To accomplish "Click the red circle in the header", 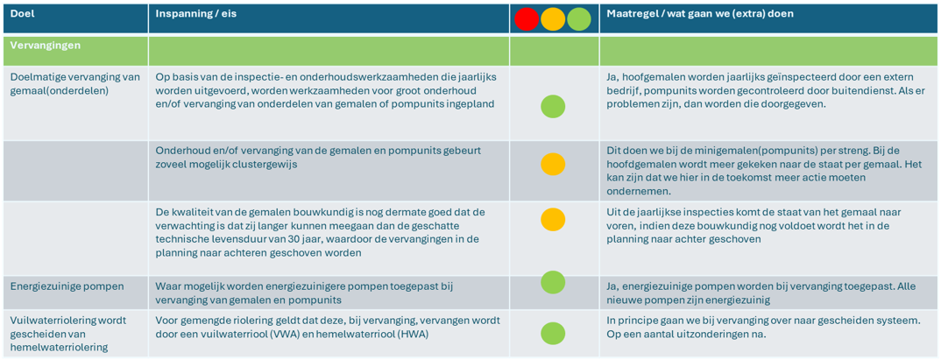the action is pyautogui.click(x=527, y=19).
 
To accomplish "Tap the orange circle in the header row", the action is pyautogui.click(x=553, y=19).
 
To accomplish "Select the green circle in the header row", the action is pyautogui.click(x=578, y=19).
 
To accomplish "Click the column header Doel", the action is pyautogui.click(x=22, y=13).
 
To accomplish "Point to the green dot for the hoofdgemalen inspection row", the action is pyautogui.click(x=553, y=106).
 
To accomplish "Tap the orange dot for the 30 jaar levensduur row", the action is pyautogui.click(x=553, y=219).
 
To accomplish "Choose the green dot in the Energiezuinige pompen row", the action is pyautogui.click(x=553, y=282).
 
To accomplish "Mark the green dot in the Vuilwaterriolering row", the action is pyautogui.click(x=553, y=334).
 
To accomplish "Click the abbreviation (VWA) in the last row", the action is pyautogui.click(x=315, y=335).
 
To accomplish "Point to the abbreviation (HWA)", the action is pyautogui.click(x=414, y=335).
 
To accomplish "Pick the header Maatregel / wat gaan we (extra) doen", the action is pyautogui.click(x=700, y=13).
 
